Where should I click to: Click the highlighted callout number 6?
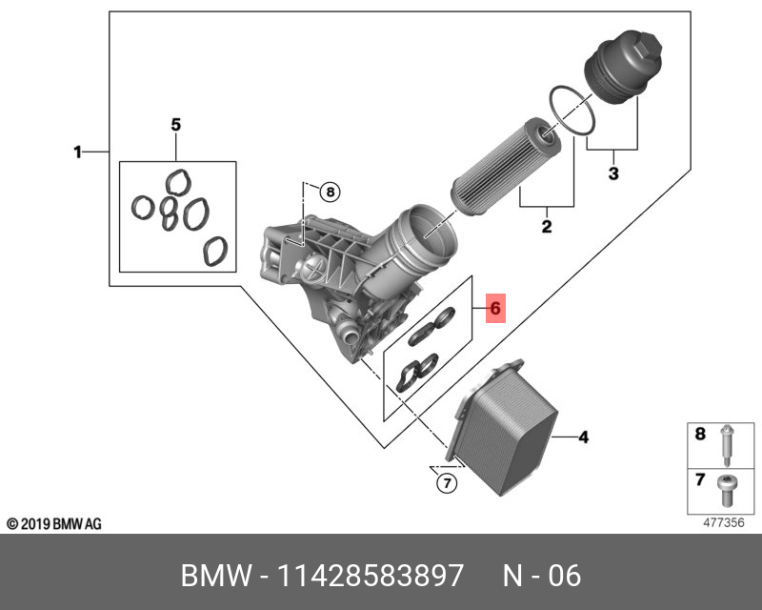[496, 309]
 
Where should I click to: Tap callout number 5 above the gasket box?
[175, 125]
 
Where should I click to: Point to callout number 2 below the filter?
[547, 226]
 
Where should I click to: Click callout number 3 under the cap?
[613, 173]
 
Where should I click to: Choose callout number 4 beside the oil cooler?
[584, 437]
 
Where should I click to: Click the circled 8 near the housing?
[329, 192]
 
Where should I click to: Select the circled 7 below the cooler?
[445, 483]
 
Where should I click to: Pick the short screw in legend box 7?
[725, 491]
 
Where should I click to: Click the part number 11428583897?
[370, 577]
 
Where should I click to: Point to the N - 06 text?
[541, 577]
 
